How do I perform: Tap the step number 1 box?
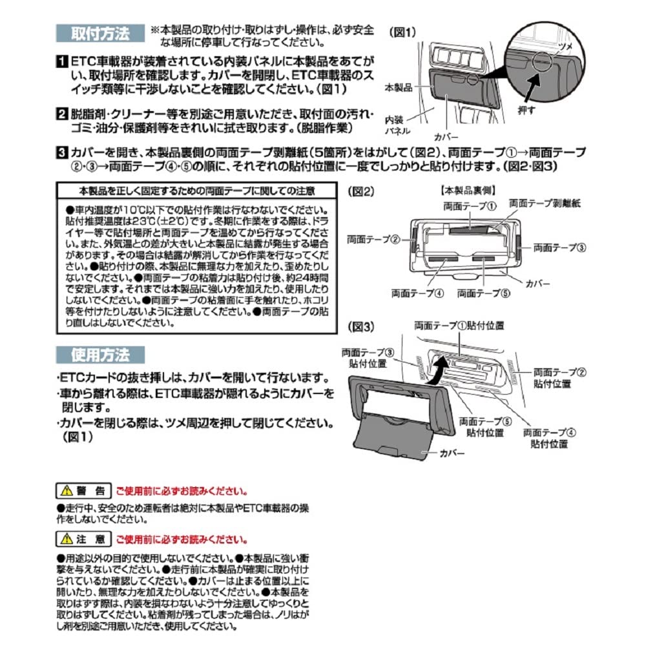(x=59, y=62)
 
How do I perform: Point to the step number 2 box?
(x=59, y=116)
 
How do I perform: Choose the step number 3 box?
(x=59, y=153)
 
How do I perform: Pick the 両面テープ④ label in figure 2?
(x=417, y=293)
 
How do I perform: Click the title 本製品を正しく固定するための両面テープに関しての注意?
(x=197, y=191)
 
